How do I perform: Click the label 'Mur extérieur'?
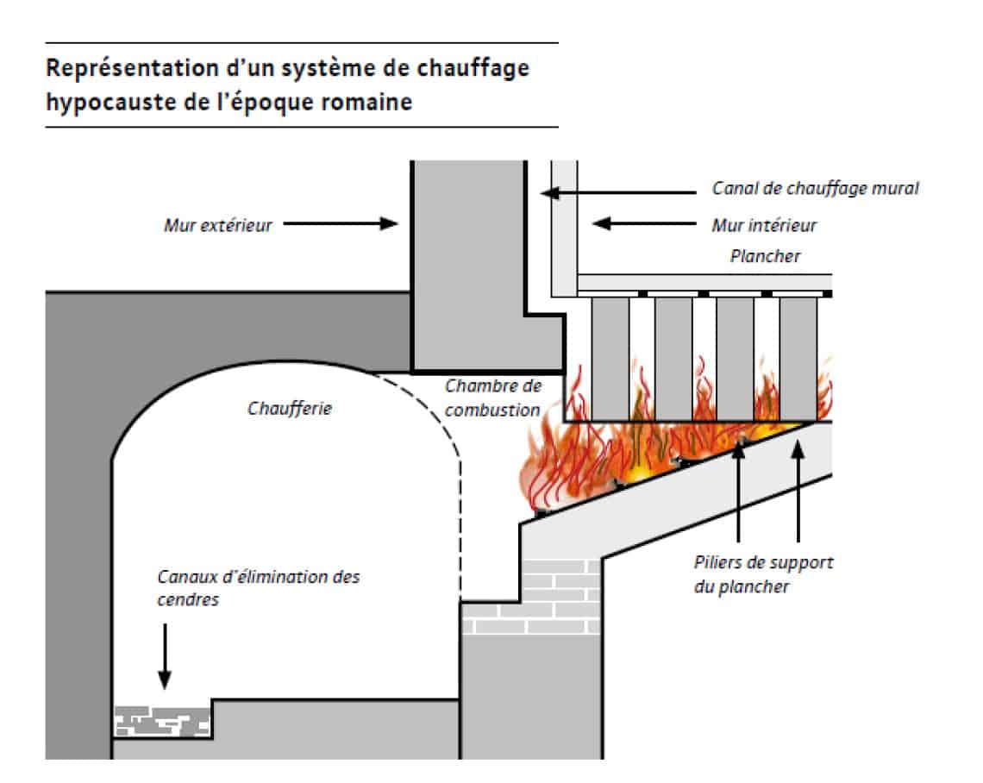point(218,224)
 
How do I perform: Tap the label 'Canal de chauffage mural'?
point(815,188)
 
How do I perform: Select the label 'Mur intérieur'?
point(764,225)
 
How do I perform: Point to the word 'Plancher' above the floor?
point(766,256)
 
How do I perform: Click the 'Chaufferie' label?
point(290,409)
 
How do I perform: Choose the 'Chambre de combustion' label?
point(492,398)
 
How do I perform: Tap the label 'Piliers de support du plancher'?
point(763,574)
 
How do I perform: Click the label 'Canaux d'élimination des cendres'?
point(259,588)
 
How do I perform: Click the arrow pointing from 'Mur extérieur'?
point(341,223)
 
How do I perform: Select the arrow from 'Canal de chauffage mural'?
point(619,192)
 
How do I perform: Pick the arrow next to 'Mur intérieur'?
point(644,223)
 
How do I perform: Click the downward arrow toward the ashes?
point(165,656)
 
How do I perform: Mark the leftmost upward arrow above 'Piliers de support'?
point(738,492)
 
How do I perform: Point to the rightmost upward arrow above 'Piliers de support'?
point(798,492)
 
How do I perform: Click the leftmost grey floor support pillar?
point(610,358)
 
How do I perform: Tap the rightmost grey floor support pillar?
point(798,358)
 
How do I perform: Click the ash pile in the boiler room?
point(162,721)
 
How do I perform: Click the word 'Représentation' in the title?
point(132,68)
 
